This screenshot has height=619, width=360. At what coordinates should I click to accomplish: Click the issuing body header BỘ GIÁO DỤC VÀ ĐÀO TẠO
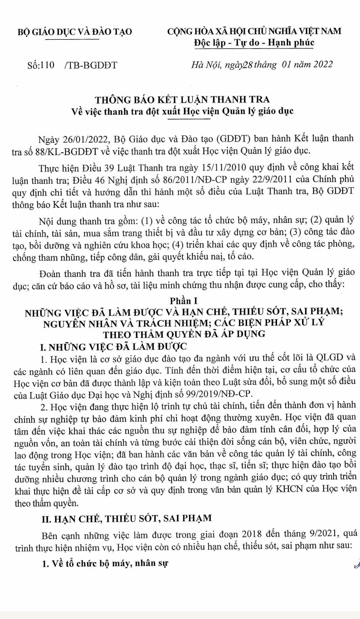(x=74, y=32)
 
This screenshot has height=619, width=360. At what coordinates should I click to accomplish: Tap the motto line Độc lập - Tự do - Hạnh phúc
(x=254, y=43)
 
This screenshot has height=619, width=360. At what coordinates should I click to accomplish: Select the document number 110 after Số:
(x=47, y=65)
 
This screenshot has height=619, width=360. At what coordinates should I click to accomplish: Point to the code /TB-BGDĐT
(x=91, y=65)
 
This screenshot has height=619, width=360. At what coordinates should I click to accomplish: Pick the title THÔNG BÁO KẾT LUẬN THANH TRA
(x=182, y=99)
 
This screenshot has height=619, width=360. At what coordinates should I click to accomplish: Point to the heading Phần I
(x=183, y=301)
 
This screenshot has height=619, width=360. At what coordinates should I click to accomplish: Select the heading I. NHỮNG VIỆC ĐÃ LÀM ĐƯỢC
(x=113, y=347)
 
